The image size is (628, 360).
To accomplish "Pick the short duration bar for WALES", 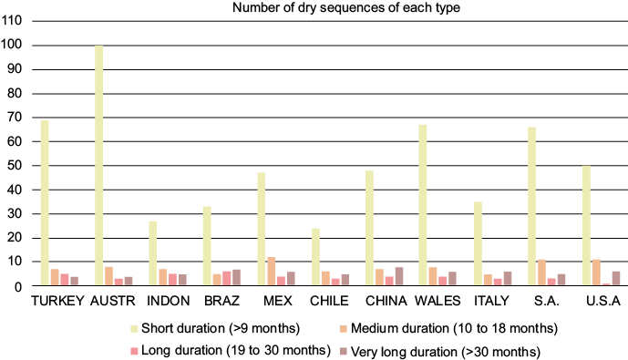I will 423,205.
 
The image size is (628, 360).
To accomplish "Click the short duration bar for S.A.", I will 531,207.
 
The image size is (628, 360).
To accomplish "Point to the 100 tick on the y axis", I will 18,45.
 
